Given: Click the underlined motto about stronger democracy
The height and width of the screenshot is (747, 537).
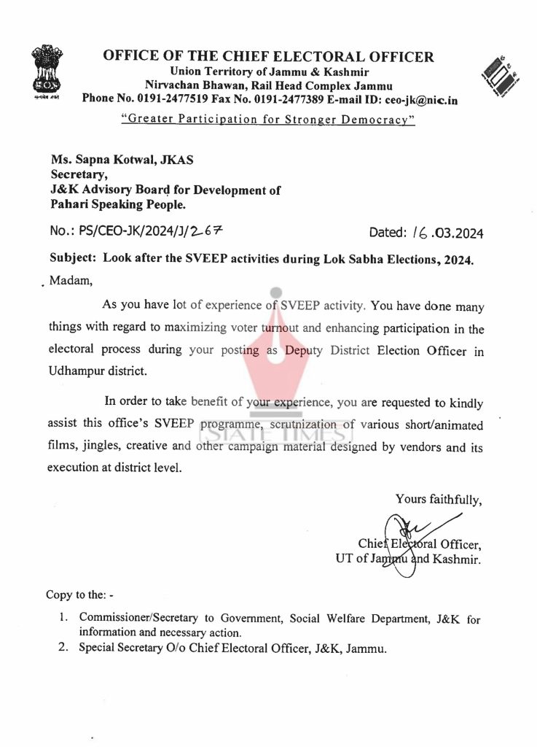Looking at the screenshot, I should pyautogui.click(x=268, y=118).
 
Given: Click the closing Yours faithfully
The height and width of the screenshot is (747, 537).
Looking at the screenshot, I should pyautogui.click(x=439, y=499).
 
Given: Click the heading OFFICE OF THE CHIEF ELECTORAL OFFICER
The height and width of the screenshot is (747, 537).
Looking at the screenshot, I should pyautogui.click(x=268, y=57).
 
